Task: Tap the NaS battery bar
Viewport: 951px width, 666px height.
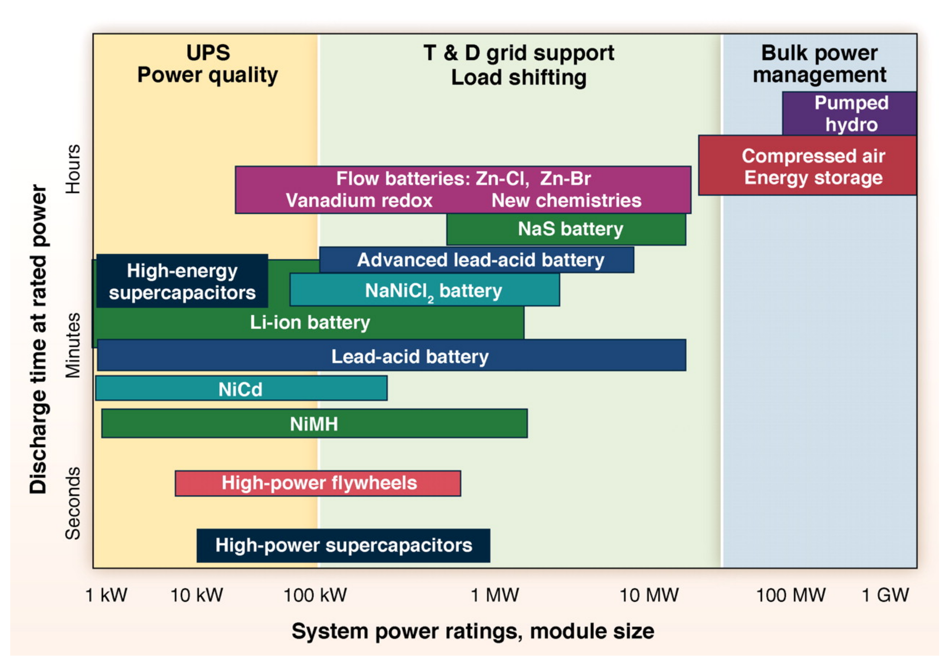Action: click(566, 229)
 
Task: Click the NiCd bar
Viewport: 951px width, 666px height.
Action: click(241, 388)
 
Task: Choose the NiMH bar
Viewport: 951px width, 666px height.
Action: click(314, 423)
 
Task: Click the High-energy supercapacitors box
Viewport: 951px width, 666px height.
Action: click(182, 282)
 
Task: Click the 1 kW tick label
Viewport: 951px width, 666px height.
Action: click(106, 595)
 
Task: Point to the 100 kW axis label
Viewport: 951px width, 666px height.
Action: click(315, 595)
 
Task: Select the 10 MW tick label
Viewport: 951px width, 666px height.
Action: click(649, 595)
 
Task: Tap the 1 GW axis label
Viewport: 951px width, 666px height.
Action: click(885, 595)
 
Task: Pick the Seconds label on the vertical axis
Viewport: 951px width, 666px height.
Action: click(73, 503)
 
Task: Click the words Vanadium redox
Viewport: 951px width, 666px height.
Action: click(359, 201)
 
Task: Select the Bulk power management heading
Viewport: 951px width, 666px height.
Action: click(819, 64)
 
